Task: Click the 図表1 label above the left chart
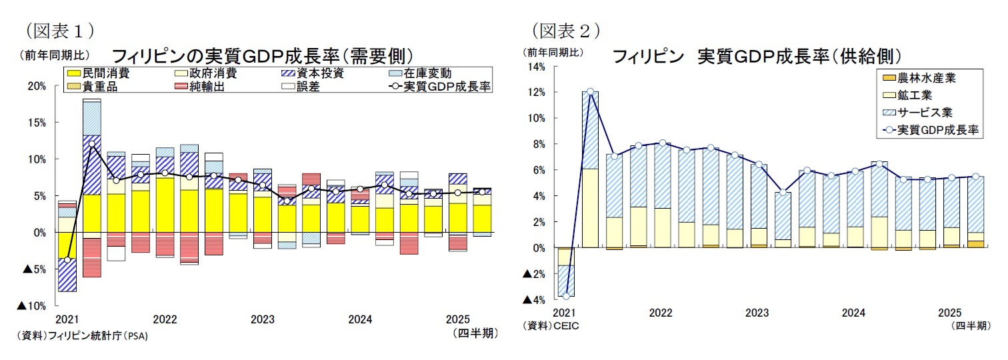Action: (x=59, y=30)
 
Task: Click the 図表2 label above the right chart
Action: (x=566, y=30)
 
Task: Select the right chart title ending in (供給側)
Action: (x=757, y=55)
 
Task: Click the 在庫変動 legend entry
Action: (x=420, y=73)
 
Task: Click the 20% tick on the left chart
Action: (x=37, y=86)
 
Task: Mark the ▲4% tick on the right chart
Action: (x=535, y=299)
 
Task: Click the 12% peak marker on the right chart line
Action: (x=590, y=91)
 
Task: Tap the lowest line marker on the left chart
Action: (x=67, y=259)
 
